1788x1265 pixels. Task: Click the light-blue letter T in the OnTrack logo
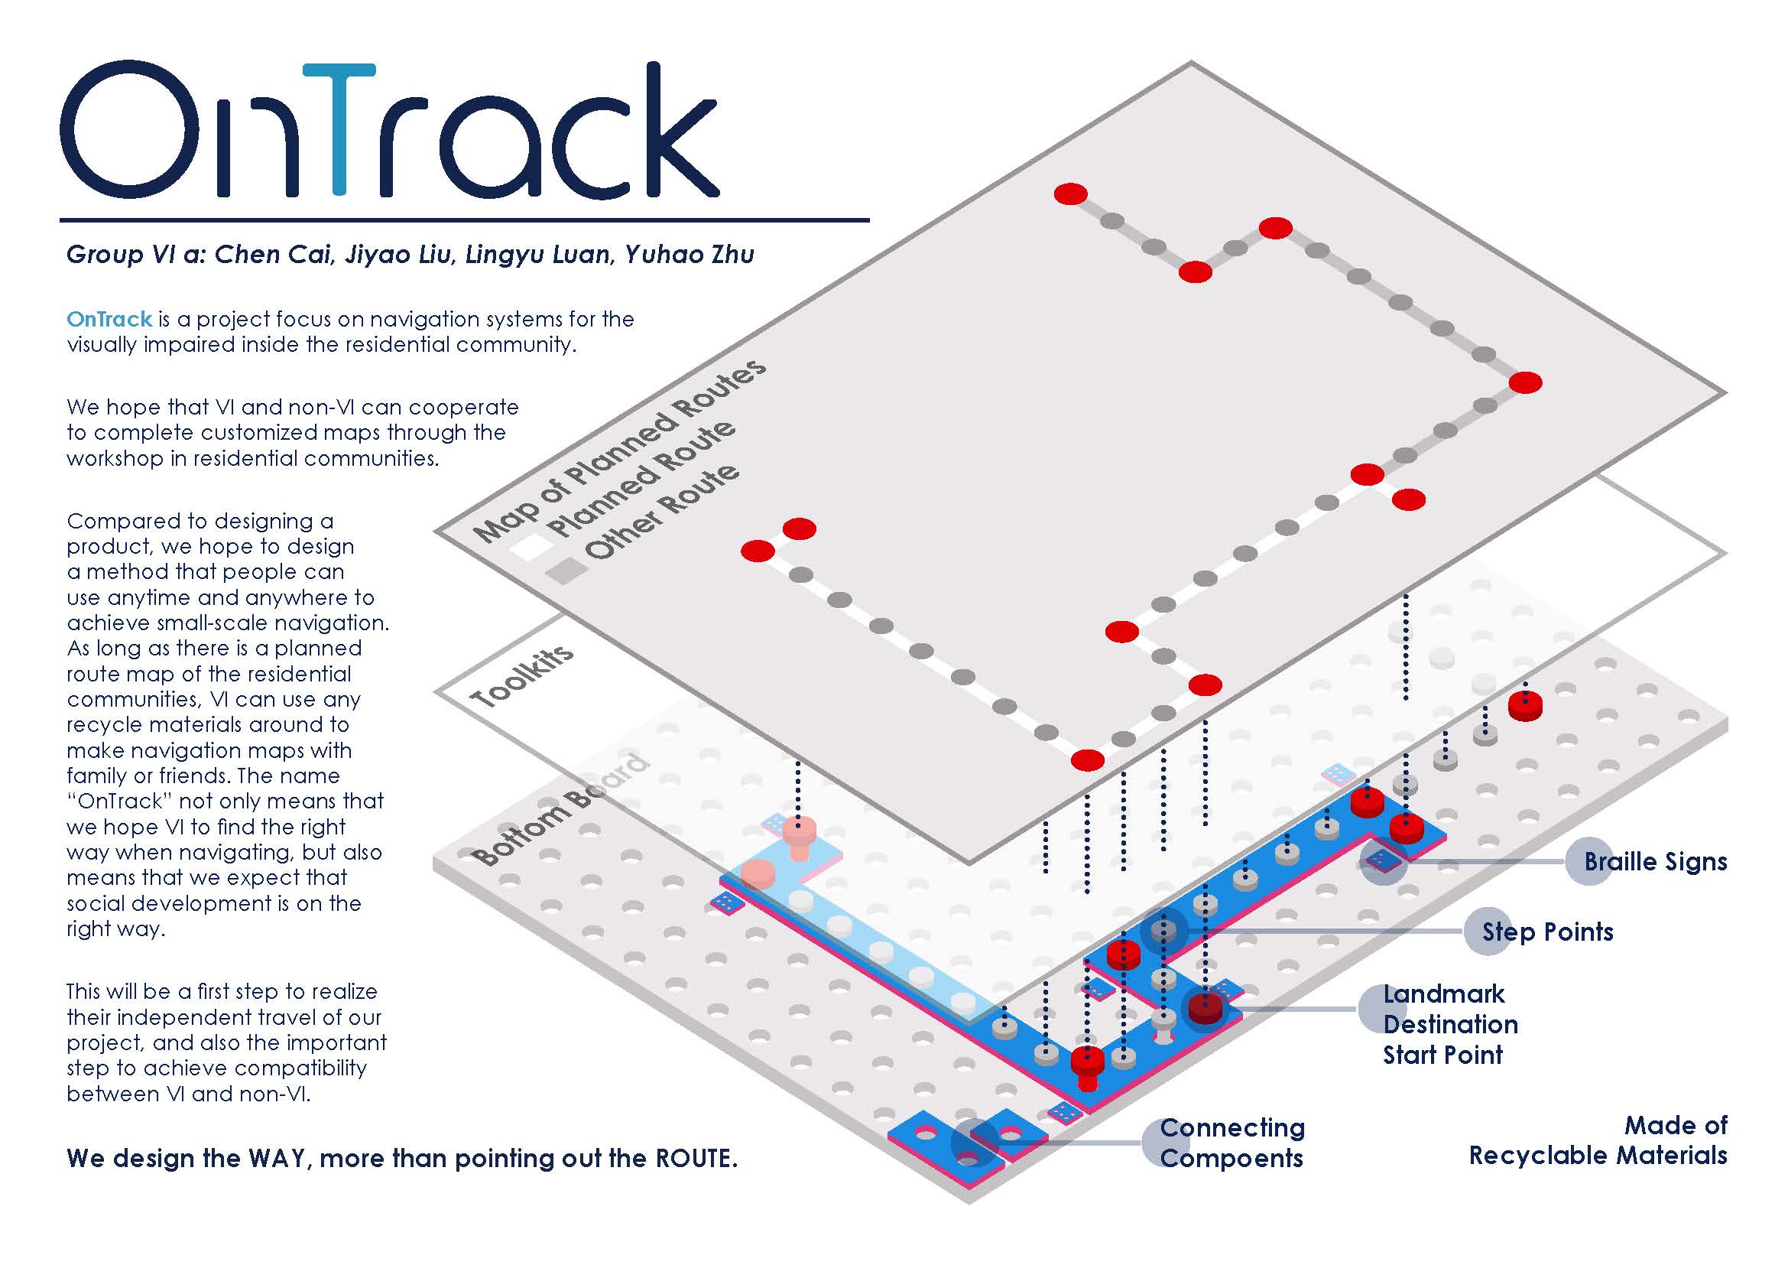[338, 128]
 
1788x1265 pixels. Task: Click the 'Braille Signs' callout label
[1656, 861]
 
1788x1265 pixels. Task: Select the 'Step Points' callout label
[1546, 932]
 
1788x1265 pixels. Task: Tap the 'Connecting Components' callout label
[1231, 1143]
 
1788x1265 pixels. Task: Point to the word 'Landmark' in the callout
[1444, 994]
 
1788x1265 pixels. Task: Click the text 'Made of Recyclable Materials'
[1598, 1140]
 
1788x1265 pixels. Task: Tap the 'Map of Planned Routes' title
[619, 452]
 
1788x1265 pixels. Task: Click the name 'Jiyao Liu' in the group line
[398, 255]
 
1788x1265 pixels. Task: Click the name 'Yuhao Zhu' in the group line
[690, 255]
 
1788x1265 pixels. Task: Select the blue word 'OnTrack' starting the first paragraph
[109, 320]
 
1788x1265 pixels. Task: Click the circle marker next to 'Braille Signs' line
[1384, 860]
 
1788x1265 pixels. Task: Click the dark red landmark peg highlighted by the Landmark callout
[1205, 1009]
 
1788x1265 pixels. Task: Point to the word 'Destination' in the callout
[1451, 1024]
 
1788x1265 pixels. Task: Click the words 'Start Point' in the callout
[1443, 1055]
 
